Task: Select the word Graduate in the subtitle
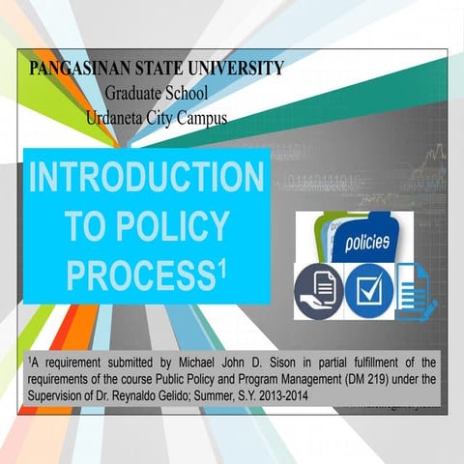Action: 133,95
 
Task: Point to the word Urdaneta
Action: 117,119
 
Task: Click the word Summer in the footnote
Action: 255,396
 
